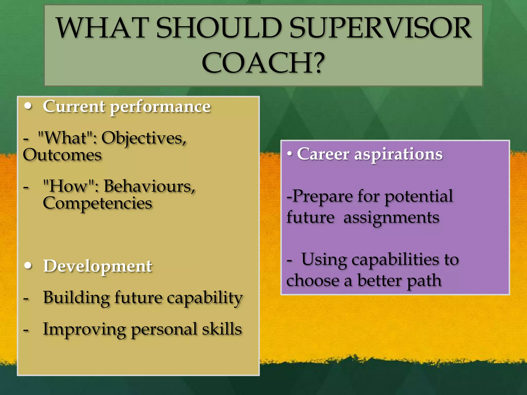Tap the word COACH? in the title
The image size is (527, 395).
[263, 63]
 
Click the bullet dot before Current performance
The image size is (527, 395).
[28, 106]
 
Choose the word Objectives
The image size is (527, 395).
[144, 138]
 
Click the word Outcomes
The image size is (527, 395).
[62, 155]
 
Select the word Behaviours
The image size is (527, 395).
[149, 186]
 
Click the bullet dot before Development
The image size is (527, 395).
[28, 265]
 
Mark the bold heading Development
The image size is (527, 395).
[98, 266]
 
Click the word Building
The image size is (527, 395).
[76, 298]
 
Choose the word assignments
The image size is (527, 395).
[391, 218]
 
